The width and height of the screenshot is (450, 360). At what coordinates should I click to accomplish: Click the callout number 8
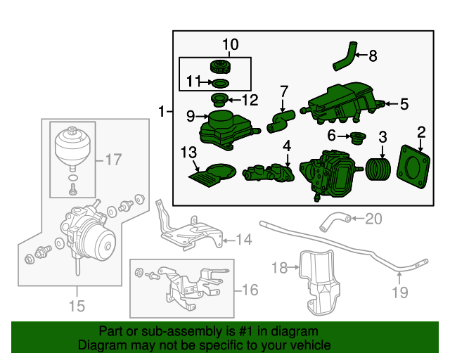(x=373, y=56)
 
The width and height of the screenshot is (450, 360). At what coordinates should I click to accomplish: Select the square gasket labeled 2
(x=413, y=167)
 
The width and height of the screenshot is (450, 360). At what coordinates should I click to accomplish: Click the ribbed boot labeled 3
(x=378, y=169)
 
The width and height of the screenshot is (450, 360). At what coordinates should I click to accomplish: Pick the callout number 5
(x=404, y=104)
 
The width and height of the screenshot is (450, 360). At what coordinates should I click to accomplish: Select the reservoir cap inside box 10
(x=220, y=67)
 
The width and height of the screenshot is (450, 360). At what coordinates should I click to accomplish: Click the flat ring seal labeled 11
(x=220, y=83)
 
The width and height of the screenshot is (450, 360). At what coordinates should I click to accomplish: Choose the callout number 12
(x=250, y=100)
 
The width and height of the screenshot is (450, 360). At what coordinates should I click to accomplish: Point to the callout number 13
(x=189, y=152)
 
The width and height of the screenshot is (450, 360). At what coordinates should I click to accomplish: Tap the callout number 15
(x=77, y=306)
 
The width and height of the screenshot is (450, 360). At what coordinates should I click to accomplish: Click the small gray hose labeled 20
(x=335, y=221)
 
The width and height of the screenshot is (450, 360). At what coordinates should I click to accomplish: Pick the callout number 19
(x=400, y=292)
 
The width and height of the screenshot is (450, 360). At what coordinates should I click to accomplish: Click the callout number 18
(x=280, y=268)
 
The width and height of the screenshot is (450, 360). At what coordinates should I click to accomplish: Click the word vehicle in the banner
(x=313, y=345)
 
